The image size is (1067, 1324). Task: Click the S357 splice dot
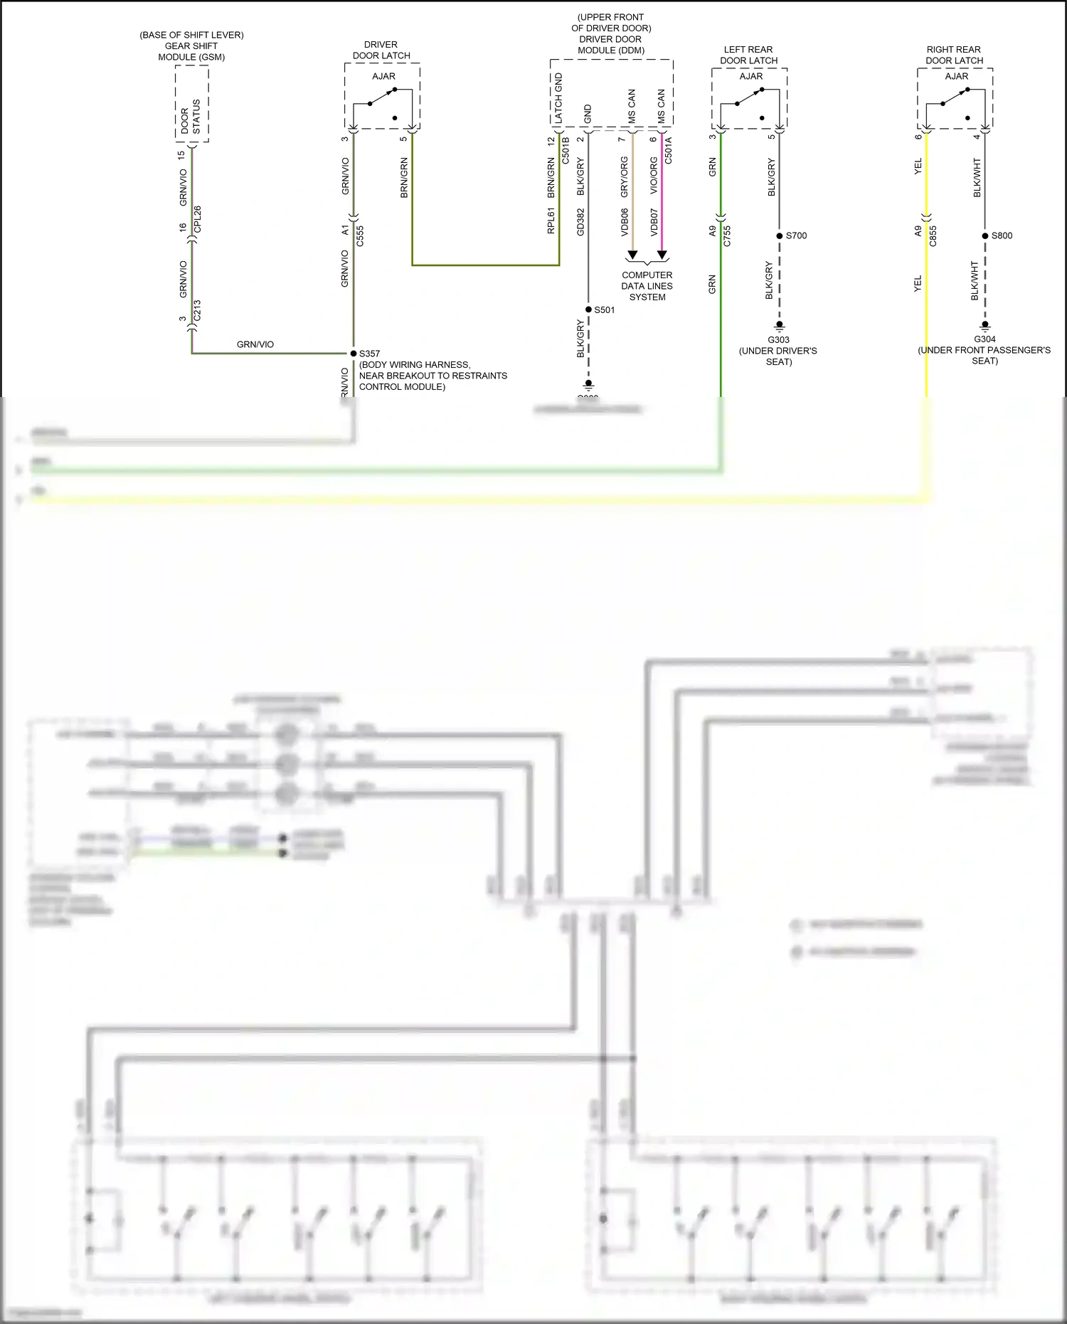[354, 354]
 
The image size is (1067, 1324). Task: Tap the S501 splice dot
[588, 309]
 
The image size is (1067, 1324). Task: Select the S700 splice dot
[780, 235]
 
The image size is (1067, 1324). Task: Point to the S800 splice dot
[985, 235]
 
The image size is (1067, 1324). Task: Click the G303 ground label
[778, 340]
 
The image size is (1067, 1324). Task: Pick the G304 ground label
[984, 339]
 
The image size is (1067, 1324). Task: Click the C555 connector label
[360, 236]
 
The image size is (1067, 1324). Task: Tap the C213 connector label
[197, 310]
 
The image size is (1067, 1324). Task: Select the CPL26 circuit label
[198, 219]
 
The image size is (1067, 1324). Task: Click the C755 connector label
[727, 236]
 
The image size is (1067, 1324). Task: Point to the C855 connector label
[933, 236]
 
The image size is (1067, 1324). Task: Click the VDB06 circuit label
[625, 222]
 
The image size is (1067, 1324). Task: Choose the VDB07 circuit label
[654, 222]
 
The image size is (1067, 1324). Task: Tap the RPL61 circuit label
[551, 221]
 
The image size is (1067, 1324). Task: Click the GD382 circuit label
[580, 222]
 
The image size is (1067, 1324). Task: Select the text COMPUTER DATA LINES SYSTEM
[647, 286]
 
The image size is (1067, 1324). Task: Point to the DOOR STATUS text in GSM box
[191, 117]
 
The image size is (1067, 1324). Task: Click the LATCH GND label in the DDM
[558, 98]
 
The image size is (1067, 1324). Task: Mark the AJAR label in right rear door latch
[956, 76]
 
